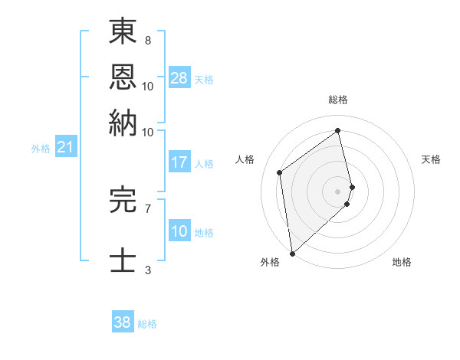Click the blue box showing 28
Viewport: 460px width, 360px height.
point(179,78)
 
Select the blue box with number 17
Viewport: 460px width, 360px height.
point(179,162)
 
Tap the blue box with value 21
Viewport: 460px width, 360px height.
point(64,147)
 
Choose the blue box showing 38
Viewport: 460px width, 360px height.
point(123,322)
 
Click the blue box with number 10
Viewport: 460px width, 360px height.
point(179,231)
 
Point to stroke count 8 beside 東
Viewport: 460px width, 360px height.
point(147,40)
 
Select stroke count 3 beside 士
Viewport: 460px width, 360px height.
point(147,270)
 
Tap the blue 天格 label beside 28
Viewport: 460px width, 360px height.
point(204,79)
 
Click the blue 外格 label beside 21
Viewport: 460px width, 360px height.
point(40,149)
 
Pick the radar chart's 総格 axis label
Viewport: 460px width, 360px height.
point(338,100)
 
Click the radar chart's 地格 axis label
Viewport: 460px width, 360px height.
point(402,262)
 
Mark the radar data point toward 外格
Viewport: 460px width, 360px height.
point(292,253)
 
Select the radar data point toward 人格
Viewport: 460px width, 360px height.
point(280,172)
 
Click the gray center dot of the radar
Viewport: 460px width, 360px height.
point(338,191)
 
